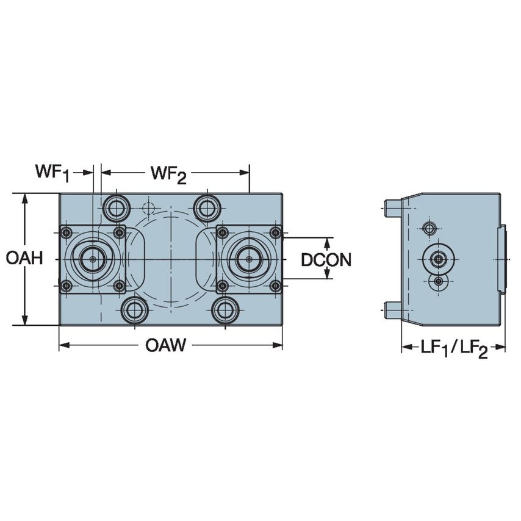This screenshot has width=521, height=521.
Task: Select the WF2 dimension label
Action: (168, 174)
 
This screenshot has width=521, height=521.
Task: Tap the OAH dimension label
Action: (24, 259)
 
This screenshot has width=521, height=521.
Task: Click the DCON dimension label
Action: (326, 260)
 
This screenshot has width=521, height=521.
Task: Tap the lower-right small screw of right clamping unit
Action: (276, 286)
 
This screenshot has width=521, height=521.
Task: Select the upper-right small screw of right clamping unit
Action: (276, 232)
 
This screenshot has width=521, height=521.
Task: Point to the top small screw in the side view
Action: (429, 228)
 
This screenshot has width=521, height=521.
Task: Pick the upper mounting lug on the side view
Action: (392, 208)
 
